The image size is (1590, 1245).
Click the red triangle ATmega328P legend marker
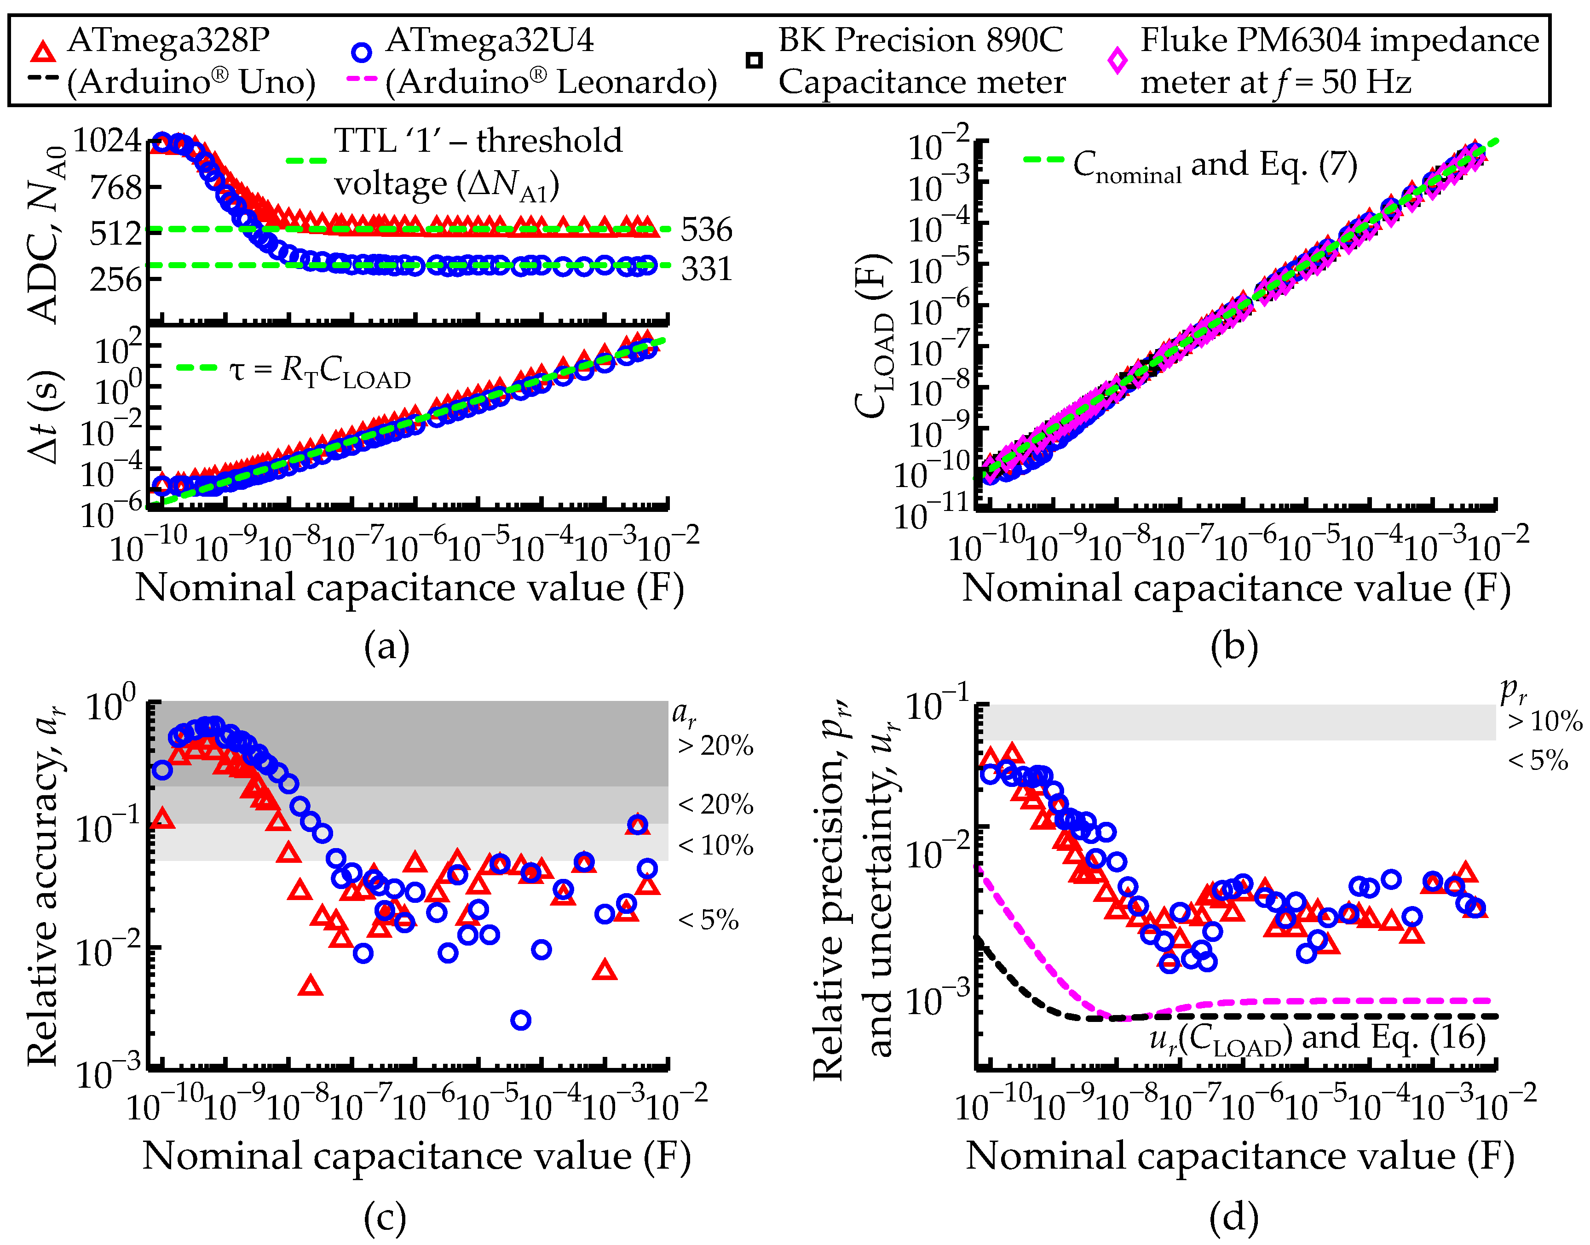(x=44, y=52)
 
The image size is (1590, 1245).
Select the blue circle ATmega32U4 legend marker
(x=362, y=52)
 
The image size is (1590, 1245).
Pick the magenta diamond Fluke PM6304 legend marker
(x=1117, y=61)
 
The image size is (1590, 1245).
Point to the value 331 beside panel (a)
(x=706, y=269)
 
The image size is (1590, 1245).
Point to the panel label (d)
(x=1234, y=1218)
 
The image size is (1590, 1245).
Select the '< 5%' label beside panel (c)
(x=709, y=920)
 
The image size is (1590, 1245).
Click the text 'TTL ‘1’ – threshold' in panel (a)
(x=478, y=141)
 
